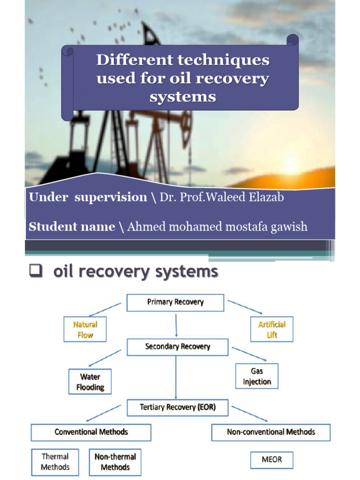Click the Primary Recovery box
[176, 302]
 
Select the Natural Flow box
[85, 330]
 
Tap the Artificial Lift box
[272, 330]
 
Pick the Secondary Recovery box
[178, 347]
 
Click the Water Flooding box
[90, 382]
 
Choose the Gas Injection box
[256, 376]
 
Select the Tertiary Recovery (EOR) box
[178, 407]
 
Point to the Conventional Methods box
[91, 432]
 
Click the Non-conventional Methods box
[271, 432]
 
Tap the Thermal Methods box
[55, 462]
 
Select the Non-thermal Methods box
[115, 462]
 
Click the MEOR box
[272, 460]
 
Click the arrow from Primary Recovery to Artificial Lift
[245, 307]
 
